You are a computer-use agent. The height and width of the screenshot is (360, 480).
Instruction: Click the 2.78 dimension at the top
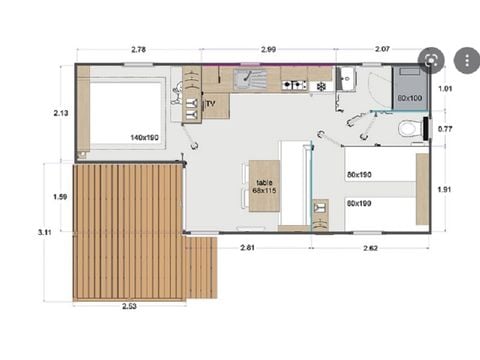click(x=138, y=49)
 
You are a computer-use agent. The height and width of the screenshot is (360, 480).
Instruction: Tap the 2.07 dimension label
click(x=384, y=49)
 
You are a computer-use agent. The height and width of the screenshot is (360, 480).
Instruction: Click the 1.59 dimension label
click(x=59, y=197)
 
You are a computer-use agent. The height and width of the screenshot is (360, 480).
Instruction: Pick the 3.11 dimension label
click(x=44, y=232)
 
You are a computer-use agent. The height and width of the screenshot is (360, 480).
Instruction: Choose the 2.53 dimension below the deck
click(x=129, y=306)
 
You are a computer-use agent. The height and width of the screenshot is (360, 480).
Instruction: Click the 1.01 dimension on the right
click(x=447, y=89)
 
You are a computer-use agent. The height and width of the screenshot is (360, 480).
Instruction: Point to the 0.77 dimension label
click(x=447, y=129)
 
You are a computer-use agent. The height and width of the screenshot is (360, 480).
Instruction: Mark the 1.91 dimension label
click(x=447, y=188)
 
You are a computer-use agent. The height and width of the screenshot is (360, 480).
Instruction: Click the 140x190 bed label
click(x=144, y=137)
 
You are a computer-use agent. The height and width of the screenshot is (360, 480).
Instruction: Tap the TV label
click(x=210, y=103)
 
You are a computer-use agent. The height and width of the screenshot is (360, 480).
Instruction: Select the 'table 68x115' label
click(x=264, y=185)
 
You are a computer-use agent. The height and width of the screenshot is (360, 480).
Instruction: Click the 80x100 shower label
click(x=408, y=98)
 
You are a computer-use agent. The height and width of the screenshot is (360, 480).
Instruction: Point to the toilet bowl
click(x=408, y=129)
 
